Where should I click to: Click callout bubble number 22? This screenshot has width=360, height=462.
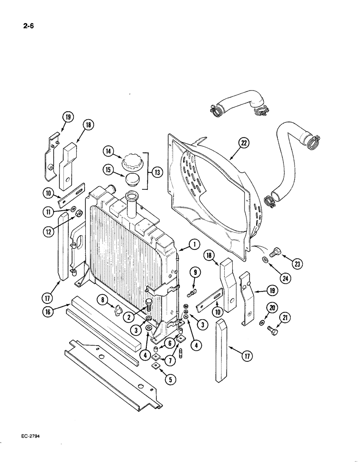tap(243, 143)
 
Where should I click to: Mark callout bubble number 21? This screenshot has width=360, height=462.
tap(286, 317)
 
